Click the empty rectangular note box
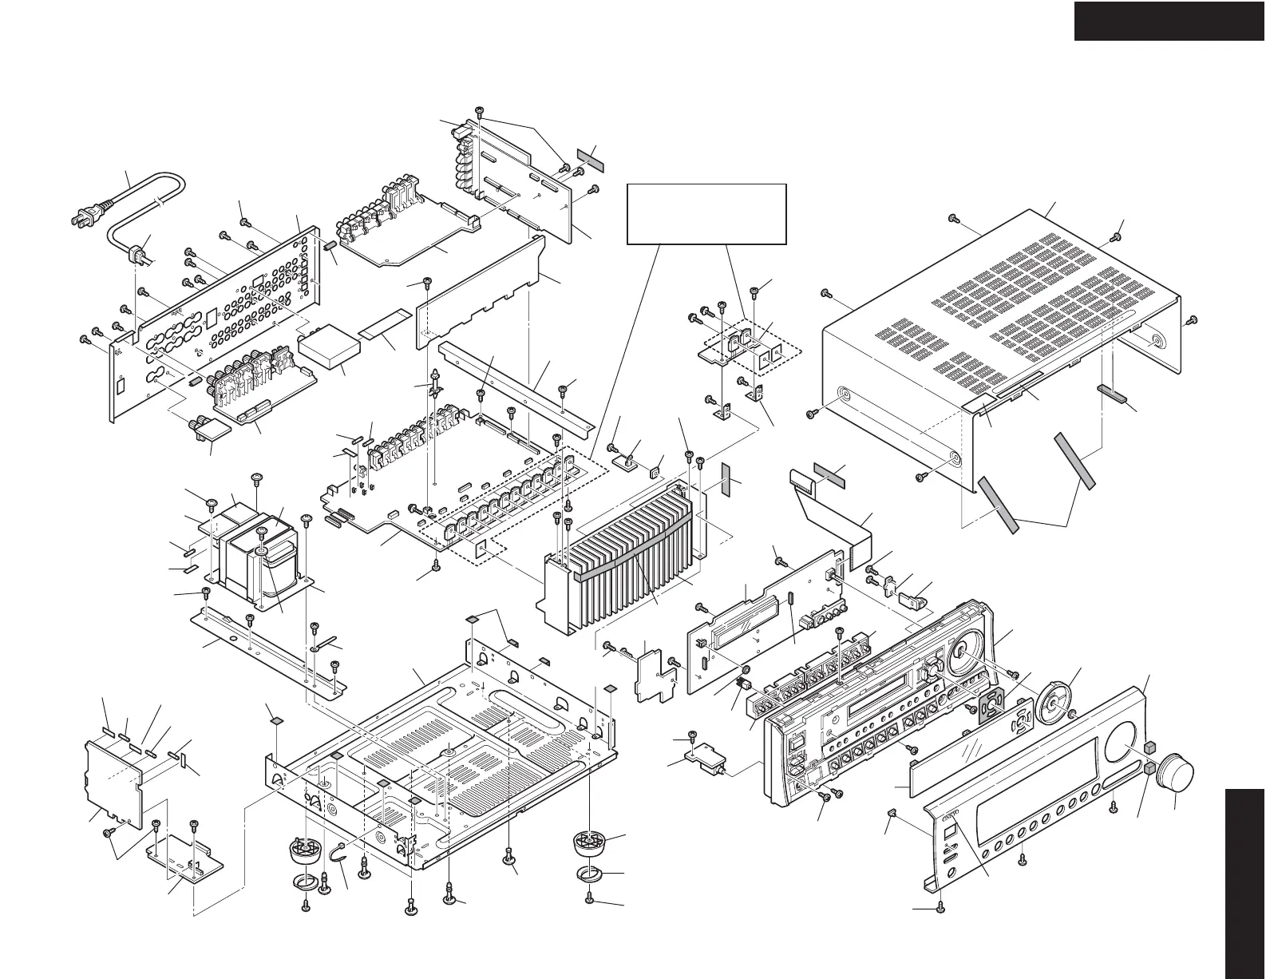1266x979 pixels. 706,213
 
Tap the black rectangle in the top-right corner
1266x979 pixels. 1169,20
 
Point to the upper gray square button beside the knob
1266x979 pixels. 1150,747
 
